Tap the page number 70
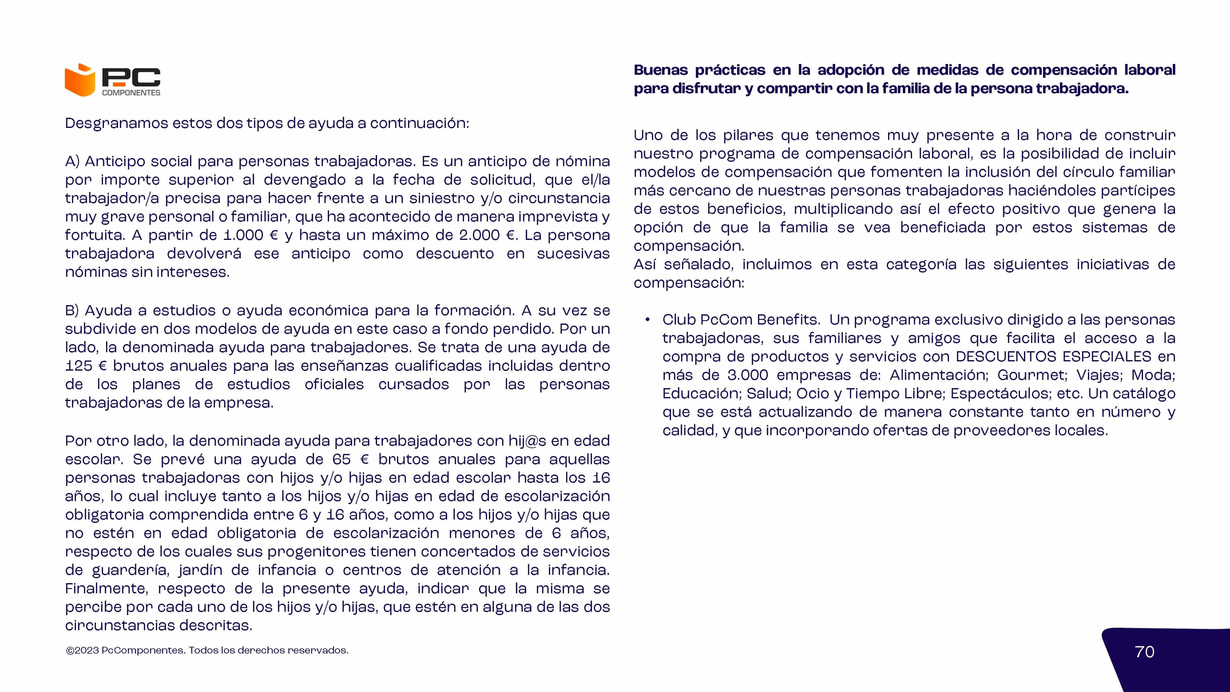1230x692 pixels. (1145, 652)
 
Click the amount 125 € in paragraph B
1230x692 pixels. (86, 366)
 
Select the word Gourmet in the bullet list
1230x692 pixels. (1031, 375)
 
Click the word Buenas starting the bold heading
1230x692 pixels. (661, 70)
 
